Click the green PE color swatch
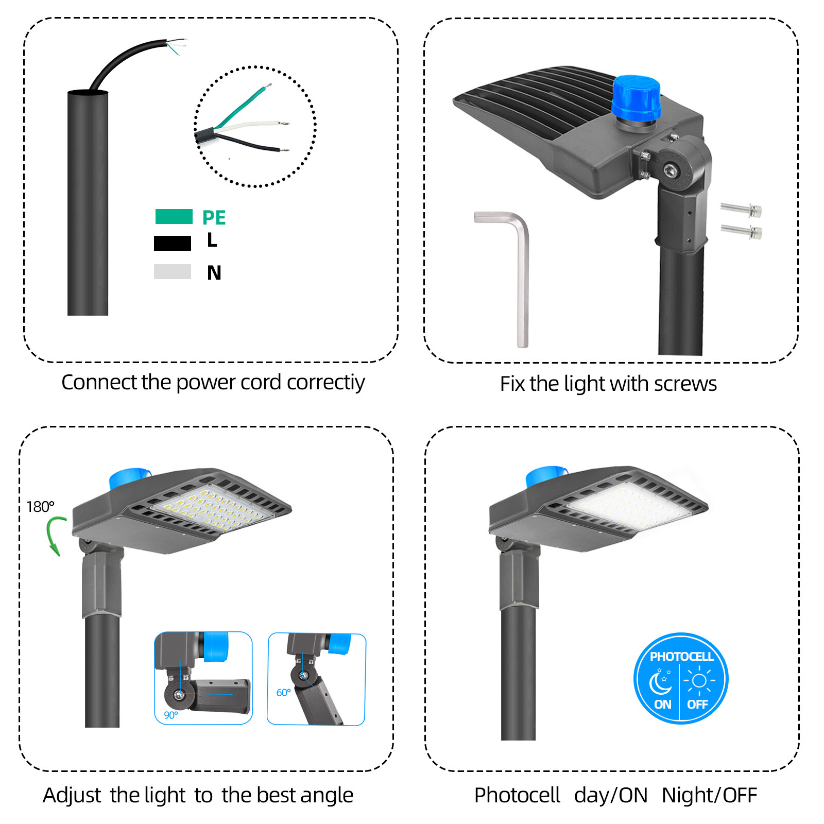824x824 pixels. tap(174, 216)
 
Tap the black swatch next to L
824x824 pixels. tap(172, 243)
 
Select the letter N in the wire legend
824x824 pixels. tap(214, 273)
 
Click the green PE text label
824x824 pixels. tap(214, 218)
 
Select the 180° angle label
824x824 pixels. tap(40, 507)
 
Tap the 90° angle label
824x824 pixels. tap(171, 715)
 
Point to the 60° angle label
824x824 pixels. tap(283, 693)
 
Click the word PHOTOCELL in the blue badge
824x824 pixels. tap(681, 657)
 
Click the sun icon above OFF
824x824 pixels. tap(699, 681)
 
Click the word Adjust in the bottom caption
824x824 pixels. tap(72, 796)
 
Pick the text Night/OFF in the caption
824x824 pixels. tap(709, 796)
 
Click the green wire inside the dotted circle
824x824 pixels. tap(242, 107)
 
